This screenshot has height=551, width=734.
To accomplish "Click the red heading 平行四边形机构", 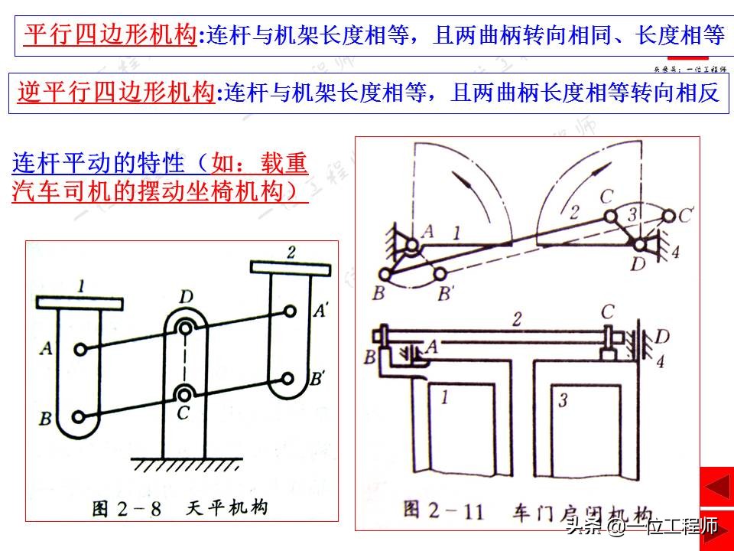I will coord(110,34).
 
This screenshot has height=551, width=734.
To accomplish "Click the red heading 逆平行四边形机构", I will coord(115,93).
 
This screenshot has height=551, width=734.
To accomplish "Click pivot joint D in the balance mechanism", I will coord(185,328).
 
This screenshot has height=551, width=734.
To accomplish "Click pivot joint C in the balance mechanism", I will coord(185,394).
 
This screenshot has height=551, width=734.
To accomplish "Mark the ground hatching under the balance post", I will coord(185,464).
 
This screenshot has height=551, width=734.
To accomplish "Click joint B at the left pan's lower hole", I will coord(80,417).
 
